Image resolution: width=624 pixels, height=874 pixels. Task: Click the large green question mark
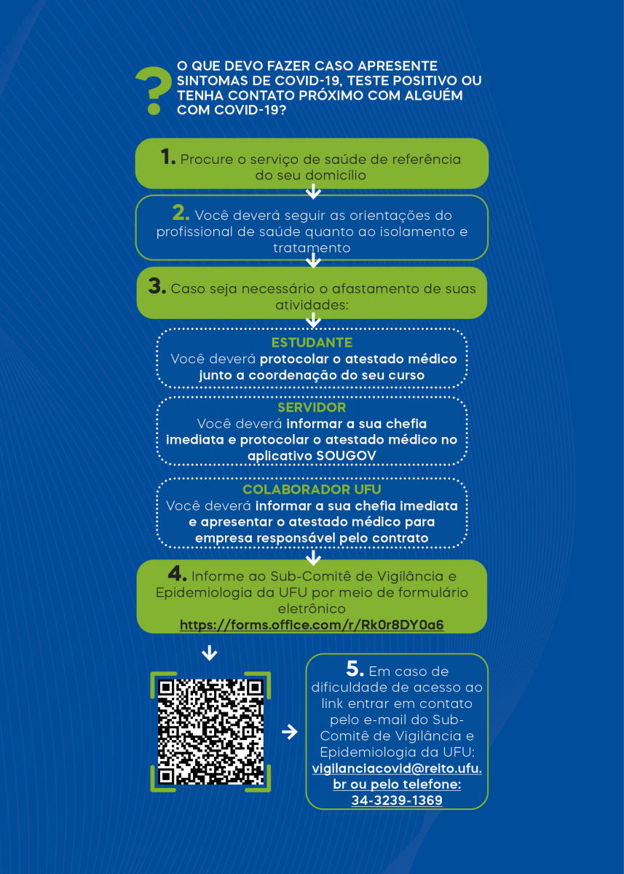[x=154, y=90]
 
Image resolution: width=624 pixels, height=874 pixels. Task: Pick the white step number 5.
[x=355, y=669]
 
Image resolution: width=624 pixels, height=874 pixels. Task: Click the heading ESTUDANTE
[x=312, y=342]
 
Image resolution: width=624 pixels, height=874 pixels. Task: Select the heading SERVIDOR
[x=312, y=407]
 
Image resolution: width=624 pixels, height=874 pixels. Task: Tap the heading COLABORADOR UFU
[x=312, y=489]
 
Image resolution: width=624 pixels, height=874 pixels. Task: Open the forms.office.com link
[x=312, y=625]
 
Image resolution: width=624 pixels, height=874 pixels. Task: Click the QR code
[x=210, y=731]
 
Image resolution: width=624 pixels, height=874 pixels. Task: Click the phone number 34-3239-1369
[x=397, y=800]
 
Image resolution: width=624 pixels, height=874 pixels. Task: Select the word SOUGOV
[x=346, y=456]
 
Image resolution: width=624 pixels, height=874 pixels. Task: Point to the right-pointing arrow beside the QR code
[x=289, y=731]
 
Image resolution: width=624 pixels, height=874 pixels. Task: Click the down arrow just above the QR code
[x=210, y=653]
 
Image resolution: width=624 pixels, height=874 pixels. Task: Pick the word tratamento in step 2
[x=312, y=248]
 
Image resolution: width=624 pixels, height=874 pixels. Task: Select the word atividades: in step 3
[x=312, y=305]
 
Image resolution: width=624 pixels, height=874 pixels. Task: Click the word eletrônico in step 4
[x=312, y=609]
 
